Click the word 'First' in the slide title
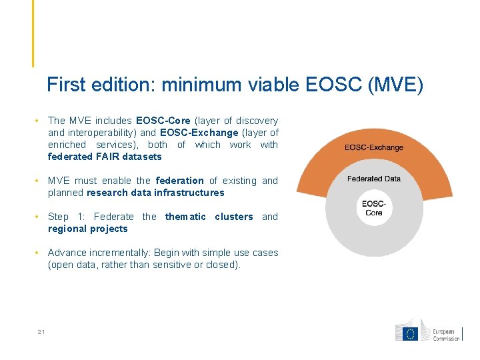coord(64,85)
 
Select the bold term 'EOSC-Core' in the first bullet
coord(163,121)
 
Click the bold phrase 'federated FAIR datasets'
coord(105,157)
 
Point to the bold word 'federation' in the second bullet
coord(179,181)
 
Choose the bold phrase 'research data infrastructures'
coord(155,193)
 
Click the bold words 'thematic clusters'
coord(209,217)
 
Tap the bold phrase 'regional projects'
coord(87,229)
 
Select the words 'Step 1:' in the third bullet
coord(67,217)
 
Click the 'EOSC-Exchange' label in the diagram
coord(374,147)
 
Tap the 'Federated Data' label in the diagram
coord(374,179)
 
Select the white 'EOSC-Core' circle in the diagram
coord(374,208)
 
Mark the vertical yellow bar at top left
coord(32,33)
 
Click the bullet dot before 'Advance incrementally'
coord(41,253)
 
